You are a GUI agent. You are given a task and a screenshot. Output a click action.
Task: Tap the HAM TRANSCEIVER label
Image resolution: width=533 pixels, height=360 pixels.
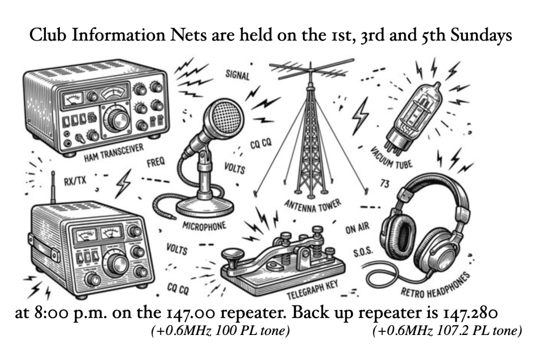[114, 153]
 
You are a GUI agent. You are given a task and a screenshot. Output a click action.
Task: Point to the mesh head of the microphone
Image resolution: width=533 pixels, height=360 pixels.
[223, 117]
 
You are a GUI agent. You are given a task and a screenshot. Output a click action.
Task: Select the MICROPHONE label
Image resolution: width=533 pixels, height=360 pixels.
[204, 226]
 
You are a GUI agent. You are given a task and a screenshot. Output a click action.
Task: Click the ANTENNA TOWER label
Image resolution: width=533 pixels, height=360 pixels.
[313, 205]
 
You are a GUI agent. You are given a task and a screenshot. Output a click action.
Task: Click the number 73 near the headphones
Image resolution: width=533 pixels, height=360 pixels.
[385, 184]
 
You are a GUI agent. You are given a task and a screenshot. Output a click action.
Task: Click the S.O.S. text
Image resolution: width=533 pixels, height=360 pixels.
[363, 253]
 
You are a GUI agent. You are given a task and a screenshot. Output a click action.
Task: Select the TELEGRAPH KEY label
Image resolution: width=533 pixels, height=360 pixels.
[312, 290]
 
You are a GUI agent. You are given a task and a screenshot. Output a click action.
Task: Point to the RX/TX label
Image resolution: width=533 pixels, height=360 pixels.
[75, 181]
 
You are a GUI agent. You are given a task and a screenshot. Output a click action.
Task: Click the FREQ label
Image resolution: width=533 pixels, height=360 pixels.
[156, 162]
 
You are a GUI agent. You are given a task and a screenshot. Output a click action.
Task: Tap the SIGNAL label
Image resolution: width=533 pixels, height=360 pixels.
[237, 75]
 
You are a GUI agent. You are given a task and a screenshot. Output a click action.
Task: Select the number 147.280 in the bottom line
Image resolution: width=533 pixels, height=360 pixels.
[470, 313]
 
